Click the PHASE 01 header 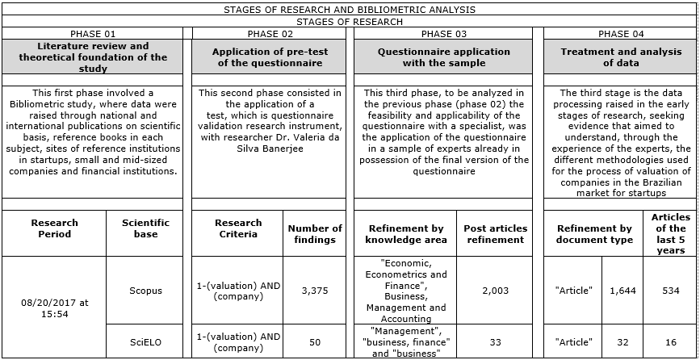click(93, 34)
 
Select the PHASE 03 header click(443, 34)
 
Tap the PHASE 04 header click(621, 34)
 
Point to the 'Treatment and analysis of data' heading click(621, 57)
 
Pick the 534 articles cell click(670, 291)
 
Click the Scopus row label click(145, 291)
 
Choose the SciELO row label click(145, 342)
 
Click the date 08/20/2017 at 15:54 click(55, 308)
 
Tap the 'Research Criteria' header click(238, 228)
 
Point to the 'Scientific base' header click(145, 228)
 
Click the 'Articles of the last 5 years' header click(670, 234)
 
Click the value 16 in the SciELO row click(670, 342)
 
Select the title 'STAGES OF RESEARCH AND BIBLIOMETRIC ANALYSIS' click(349, 10)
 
